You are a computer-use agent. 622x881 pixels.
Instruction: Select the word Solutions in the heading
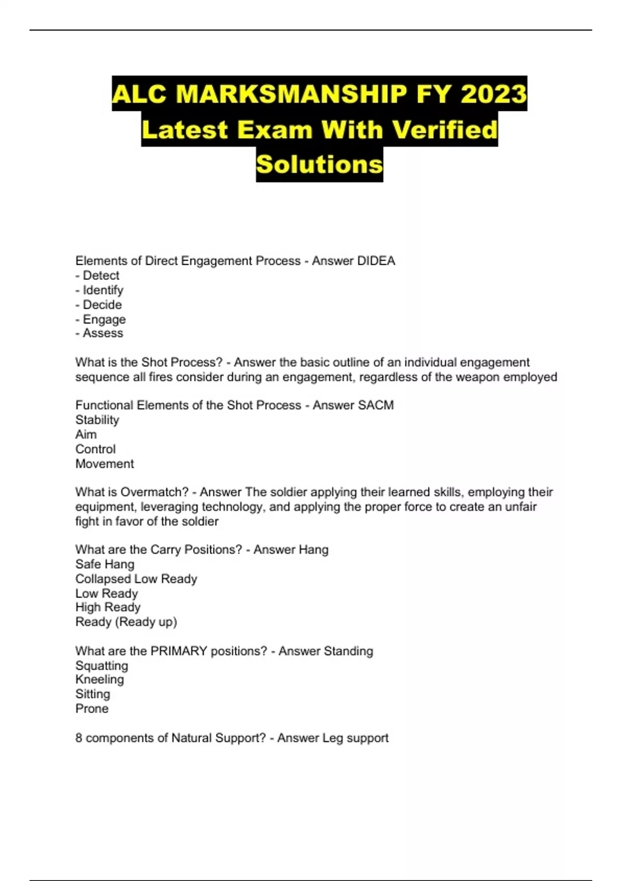click(319, 164)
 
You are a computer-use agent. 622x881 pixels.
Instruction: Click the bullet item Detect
click(101, 275)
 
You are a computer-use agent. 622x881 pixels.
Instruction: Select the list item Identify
click(103, 290)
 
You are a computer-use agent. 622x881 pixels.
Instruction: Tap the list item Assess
click(103, 333)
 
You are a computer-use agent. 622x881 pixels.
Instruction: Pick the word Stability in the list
click(97, 420)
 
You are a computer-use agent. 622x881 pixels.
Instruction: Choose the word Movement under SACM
click(104, 464)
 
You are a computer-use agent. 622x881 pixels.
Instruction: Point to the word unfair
click(519, 506)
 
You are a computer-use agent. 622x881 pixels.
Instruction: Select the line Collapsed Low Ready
click(136, 578)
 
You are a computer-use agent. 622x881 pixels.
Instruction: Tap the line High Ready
click(108, 607)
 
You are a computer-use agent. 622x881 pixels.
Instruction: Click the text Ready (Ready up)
click(126, 621)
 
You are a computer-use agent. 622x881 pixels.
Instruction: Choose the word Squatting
click(102, 665)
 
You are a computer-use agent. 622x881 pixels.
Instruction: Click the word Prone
click(92, 708)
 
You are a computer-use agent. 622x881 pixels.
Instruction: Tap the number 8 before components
click(79, 738)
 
